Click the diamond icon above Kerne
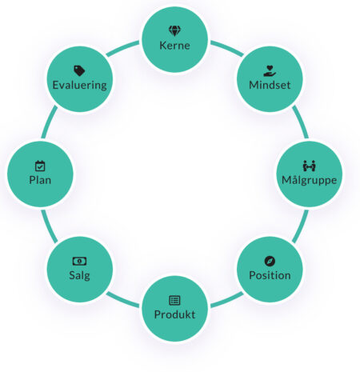(174, 31)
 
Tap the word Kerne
(174, 46)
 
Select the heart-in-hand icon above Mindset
(270, 71)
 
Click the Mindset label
(270, 85)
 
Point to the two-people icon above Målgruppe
(310, 166)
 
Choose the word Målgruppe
(310, 180)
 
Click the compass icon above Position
(270, 261)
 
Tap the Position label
(270, 275)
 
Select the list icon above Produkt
(174, 301)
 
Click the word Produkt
(174, 314)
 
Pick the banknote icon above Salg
(79, 261)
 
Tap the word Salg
(79, 275)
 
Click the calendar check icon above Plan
(40, 166)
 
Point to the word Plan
(40, 180)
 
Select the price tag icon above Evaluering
(79, 71)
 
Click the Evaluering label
(79, 85)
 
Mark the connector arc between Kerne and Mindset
(227, 48)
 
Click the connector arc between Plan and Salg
(49, 226)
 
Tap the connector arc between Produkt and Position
(227, 301)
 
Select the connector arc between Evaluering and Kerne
(122, 48)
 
